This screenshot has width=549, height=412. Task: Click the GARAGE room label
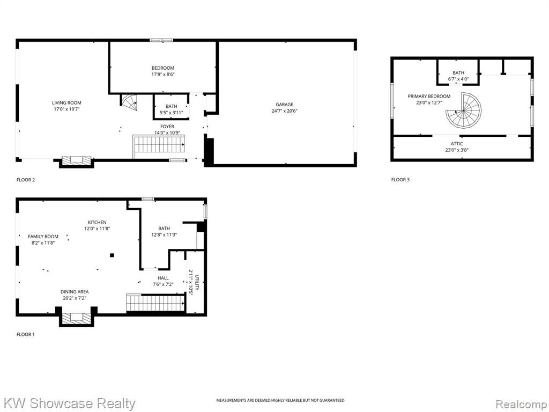(x=284, y=105)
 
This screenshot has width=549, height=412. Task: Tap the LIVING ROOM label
(x=66, y=102)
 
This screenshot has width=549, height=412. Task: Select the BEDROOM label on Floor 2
(x=163, y=68)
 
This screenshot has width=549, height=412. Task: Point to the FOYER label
(x=167, y=127)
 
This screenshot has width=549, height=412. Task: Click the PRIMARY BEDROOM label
(x=429, y=97)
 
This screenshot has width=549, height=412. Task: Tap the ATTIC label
(x=457, y=144)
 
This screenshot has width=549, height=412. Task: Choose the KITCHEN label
(x=97, y=223)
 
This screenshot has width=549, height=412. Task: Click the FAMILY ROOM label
(x=43, y=237)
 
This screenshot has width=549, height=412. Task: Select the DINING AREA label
(x=75, y=291)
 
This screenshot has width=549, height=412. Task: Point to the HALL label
(x=163, y=278)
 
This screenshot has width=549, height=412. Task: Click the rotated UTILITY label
(x=197, y=282)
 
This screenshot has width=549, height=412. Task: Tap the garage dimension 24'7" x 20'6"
(x=284, y=111)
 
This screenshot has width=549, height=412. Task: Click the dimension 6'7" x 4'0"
(x=458, y=79)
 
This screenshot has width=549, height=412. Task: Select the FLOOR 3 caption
(x=400, y=180)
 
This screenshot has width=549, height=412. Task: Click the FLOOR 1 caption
(x=26, y=335)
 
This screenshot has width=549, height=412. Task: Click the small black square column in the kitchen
(x=112, y=255)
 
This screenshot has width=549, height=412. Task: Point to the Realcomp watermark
(x=522, y=404)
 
